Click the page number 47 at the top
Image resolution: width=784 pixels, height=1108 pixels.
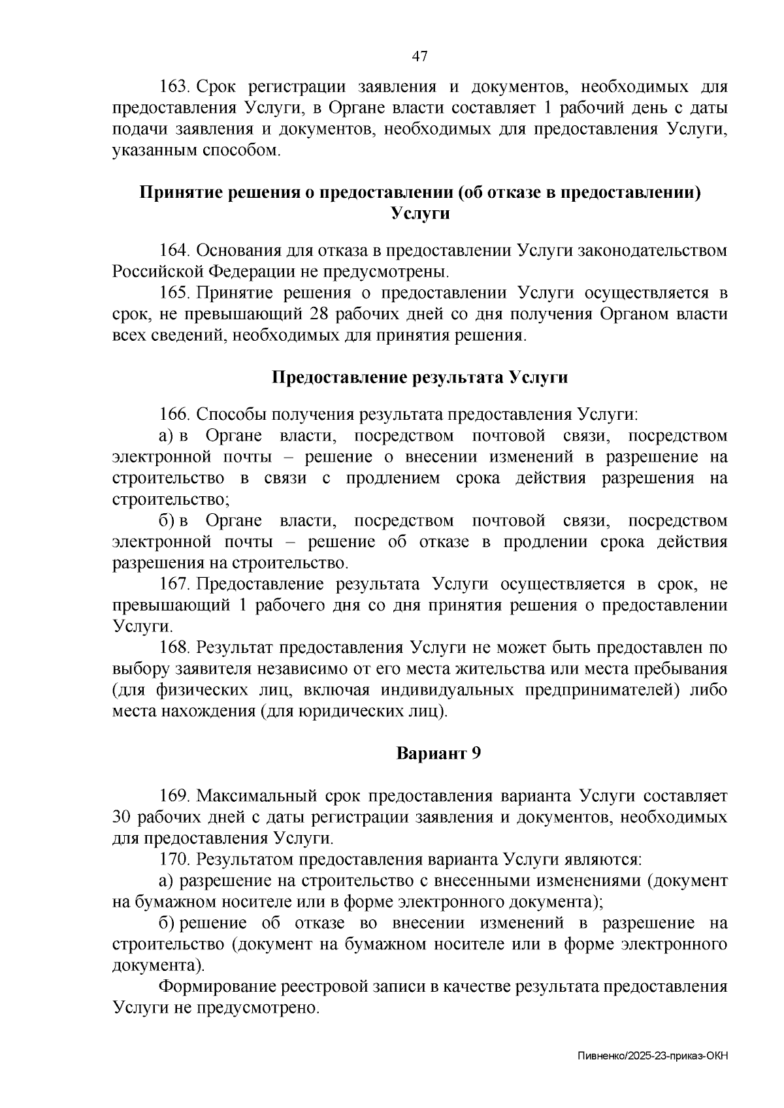coord(419,57)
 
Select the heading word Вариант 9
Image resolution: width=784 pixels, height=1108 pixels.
coord(439,753)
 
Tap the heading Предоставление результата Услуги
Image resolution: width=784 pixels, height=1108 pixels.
coord(419,377)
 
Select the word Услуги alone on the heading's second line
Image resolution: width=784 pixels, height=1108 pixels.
coord(419,214)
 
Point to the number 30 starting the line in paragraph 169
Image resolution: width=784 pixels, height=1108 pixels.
coord(123,817)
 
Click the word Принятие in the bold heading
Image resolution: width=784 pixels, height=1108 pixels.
coord(176,193)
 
